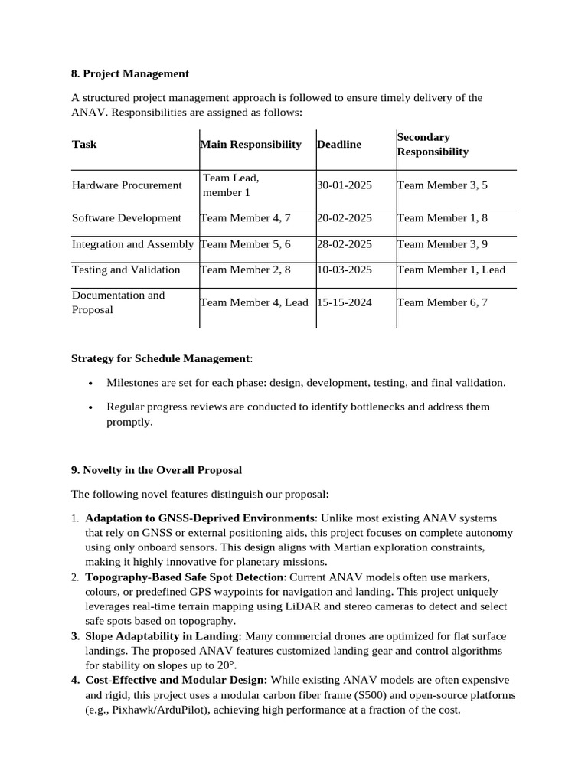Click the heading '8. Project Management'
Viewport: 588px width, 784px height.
pos(129,73)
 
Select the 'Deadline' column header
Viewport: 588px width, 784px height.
pos(339,144)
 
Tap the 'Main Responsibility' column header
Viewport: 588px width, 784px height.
pos(251,144)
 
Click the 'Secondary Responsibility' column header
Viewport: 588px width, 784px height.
pos(432,144)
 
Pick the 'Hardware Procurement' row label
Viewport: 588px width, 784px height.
pos(126,185)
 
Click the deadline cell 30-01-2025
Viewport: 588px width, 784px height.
pos(344,185)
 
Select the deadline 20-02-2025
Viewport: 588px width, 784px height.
pos(344,217)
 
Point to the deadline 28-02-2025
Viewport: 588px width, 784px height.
pos(344,243)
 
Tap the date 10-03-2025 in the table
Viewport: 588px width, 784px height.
pos(344,269)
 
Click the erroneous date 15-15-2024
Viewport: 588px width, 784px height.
pos(344,302)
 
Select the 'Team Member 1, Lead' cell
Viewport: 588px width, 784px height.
pos(451,269)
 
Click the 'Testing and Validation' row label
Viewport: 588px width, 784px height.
pos(126,269)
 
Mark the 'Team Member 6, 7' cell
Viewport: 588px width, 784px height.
pos(442,302)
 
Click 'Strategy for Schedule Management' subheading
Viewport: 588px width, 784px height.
pos(160,358)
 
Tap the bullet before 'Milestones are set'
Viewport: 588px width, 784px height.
pos(91,383)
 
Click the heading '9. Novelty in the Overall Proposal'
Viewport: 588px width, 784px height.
pos(156,469)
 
